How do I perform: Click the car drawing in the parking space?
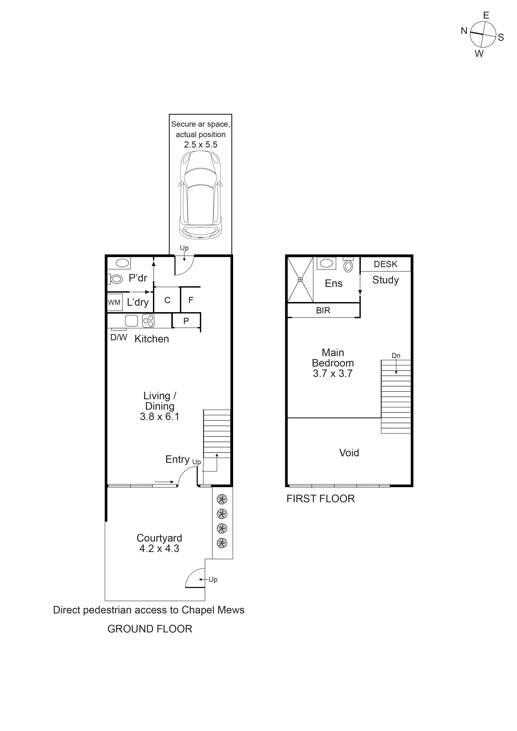200,195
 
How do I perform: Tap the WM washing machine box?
114,302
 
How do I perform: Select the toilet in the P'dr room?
116,279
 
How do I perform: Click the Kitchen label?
152,339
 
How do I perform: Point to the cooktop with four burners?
148,321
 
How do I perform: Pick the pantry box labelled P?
186,321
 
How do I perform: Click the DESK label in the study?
385,264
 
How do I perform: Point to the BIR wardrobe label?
323,310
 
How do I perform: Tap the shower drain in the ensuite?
300,279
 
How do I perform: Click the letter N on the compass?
464,31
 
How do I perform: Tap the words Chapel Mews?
213,610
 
